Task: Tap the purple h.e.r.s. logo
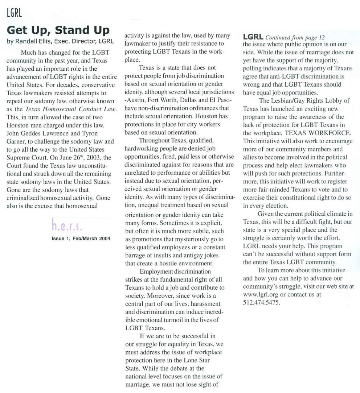pos(67,225)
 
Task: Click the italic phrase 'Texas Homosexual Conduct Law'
pos(71,109)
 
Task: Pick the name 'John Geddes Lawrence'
pos(34,133)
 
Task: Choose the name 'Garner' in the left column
pos(15,141)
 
